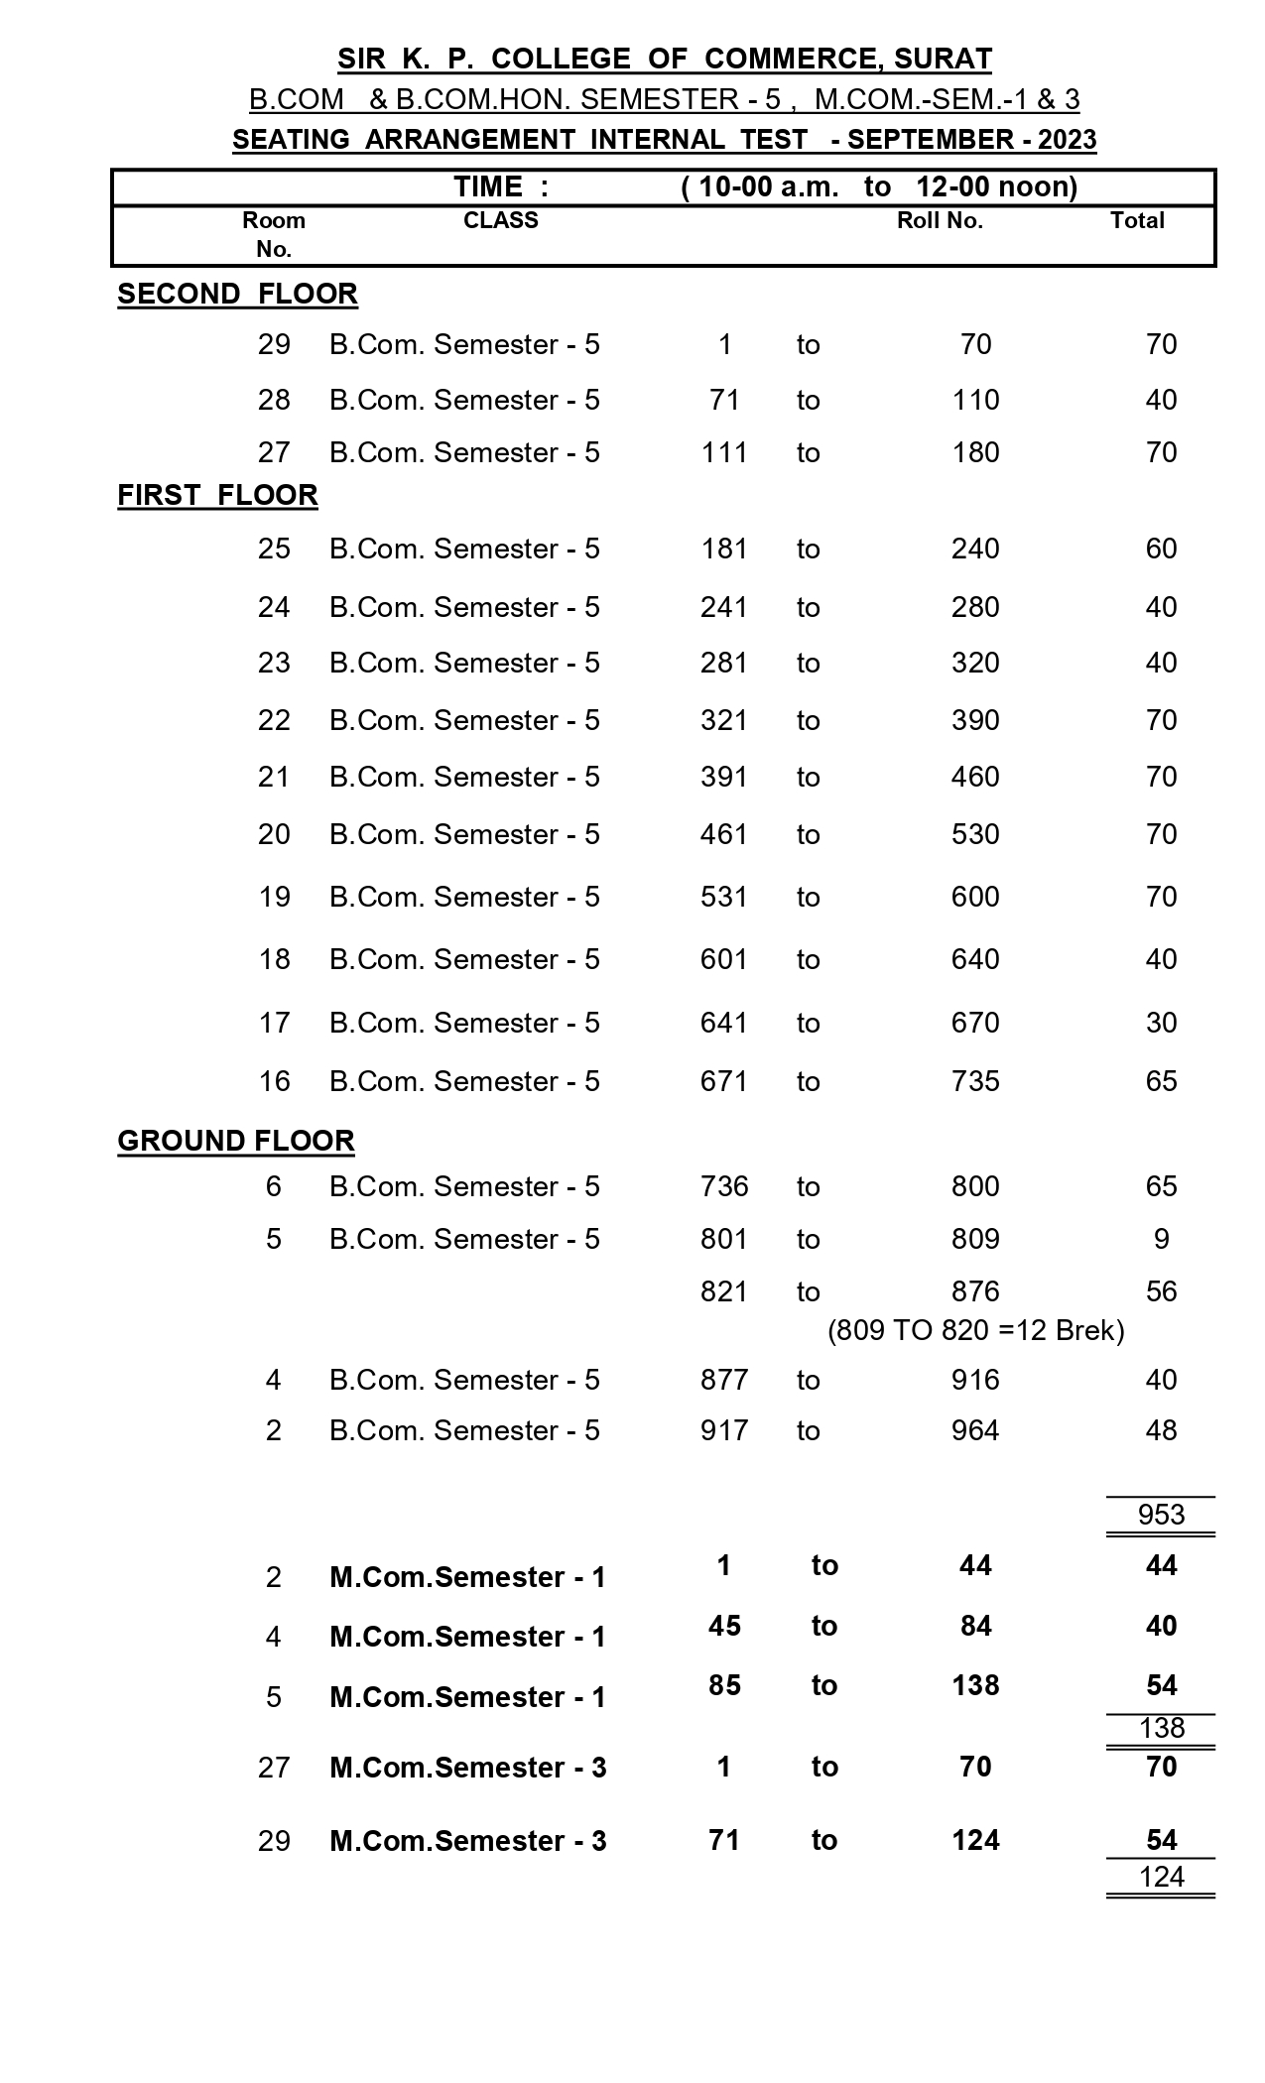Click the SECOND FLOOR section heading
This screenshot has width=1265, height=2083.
237,294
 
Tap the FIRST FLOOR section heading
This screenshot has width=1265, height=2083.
217,495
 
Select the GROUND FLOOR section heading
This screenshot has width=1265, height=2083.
236,1141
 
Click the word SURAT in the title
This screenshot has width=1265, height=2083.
943,59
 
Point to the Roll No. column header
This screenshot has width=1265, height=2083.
940,220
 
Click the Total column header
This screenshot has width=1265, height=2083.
1137,220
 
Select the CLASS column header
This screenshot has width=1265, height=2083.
501,220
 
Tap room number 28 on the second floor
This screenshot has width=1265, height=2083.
274,400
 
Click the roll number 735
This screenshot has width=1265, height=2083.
975,1081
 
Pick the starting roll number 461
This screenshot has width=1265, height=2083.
724,834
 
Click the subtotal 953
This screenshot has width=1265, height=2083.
1161,1515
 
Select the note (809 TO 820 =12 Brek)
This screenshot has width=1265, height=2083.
976,1330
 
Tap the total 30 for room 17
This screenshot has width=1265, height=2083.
1161,1023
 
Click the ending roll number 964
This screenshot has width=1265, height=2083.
975,1430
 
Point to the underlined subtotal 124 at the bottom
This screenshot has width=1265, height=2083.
1161,1877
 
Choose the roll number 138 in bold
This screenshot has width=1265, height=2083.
975,1685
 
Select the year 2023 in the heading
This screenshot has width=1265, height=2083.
1067,140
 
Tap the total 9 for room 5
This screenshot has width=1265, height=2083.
1161,1239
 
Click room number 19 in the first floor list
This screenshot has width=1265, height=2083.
274,897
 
